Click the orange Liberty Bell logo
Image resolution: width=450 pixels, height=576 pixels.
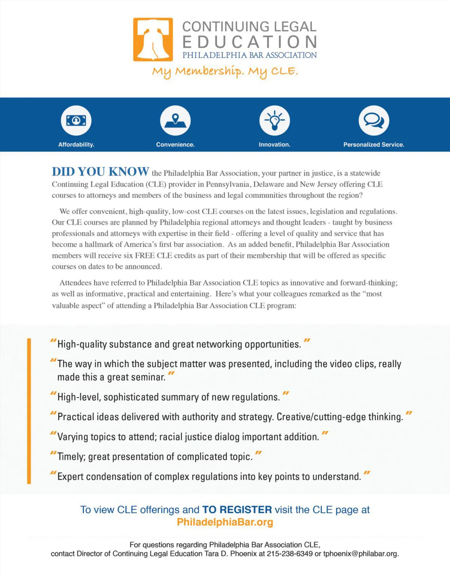point(153,39)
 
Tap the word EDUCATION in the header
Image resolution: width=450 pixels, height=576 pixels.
point(250,42)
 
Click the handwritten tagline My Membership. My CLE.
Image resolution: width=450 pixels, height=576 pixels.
point(225,71)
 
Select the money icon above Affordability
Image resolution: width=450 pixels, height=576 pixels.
point(76,120)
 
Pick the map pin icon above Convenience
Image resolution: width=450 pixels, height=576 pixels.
point(175,120)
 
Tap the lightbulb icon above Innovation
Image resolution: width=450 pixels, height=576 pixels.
point(274,120)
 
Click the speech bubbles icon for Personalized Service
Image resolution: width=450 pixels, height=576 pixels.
point(374,120)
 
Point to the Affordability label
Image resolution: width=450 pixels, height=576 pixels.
point(76,144)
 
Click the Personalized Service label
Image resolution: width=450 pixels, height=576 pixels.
point(374,144)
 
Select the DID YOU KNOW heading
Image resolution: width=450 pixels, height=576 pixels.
point(100,171)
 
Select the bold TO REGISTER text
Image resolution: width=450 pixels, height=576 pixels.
point(237,510)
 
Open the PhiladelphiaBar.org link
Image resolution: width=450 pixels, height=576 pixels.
point(225,522)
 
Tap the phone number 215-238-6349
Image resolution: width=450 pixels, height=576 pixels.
point(289,554)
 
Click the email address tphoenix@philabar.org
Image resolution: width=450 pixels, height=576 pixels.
point(360,554)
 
